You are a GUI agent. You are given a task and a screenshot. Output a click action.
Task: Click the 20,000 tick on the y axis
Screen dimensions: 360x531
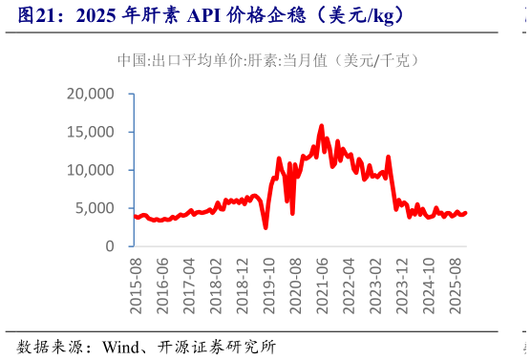91,94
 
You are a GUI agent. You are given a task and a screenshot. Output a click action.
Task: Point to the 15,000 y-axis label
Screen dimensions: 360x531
91,132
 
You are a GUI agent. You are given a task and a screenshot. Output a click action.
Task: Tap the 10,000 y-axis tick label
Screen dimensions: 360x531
91,170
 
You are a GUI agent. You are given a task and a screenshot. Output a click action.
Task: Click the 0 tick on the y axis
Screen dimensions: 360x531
110,246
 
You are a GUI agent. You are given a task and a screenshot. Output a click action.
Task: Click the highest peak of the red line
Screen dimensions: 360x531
321,125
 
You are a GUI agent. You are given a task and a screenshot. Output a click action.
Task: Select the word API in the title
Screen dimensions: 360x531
202,15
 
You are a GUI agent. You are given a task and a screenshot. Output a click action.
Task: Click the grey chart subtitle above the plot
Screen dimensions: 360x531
266,59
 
